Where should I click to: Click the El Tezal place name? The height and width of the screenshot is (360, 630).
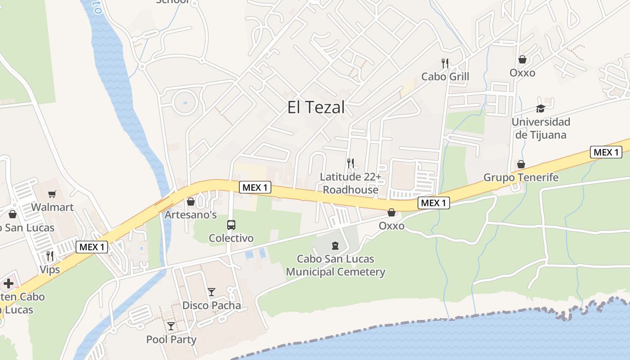(316, 107)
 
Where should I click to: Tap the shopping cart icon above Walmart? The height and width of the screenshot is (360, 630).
(52, 194)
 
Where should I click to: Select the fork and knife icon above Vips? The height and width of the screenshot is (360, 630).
(50, 256)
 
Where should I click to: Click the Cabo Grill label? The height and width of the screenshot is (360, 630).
(445, 76)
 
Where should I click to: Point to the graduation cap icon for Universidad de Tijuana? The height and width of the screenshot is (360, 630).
(540, 108)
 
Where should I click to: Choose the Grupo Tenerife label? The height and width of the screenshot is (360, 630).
(521, 177)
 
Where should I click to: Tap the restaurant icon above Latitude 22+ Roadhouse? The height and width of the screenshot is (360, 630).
(351, 163)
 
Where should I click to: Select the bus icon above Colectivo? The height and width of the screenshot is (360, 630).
(231, 225)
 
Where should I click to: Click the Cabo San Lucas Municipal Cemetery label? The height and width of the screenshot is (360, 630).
(336, 265)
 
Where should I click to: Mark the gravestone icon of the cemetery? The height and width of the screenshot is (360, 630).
(335, 245)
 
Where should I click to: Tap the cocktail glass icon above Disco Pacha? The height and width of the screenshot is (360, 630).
(211, 292)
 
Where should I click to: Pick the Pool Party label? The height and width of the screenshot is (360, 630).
(171, 339)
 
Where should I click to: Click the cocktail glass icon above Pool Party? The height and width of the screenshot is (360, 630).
(171, 326)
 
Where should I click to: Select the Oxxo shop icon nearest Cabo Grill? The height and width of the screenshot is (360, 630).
(522, 59)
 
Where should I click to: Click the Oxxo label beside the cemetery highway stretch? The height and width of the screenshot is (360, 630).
(391, 226)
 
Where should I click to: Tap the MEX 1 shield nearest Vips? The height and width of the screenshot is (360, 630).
(92, 247)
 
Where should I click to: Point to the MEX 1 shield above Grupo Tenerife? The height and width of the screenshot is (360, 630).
(606, 152)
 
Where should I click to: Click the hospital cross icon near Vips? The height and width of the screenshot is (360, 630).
(9, 283)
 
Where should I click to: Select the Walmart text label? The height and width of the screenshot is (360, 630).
(52, 207)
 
